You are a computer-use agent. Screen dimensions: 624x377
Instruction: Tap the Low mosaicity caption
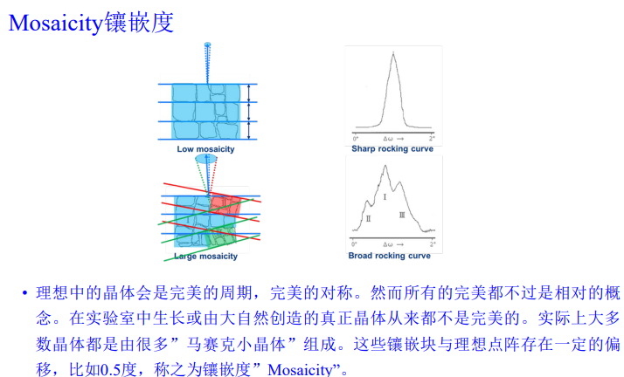click(x=205, y=149)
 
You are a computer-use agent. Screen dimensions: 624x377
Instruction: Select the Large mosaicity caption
click(x=205, y=257)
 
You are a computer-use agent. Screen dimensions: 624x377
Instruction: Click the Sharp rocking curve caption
click(x=392, y=149)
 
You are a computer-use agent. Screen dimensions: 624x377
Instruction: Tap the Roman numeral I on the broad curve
click(x=385, y=198)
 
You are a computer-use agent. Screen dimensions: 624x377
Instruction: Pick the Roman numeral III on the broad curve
click(x=402, y=215)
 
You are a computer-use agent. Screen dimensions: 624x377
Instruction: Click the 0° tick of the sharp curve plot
click(x=356, y=139)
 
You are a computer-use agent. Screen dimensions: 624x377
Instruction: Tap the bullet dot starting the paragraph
click(x=24, y=291)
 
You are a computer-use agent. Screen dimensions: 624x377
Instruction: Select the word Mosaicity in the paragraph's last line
click(x=302, y=369)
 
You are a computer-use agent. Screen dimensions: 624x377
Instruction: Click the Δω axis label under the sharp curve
click(x=394, y=139)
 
